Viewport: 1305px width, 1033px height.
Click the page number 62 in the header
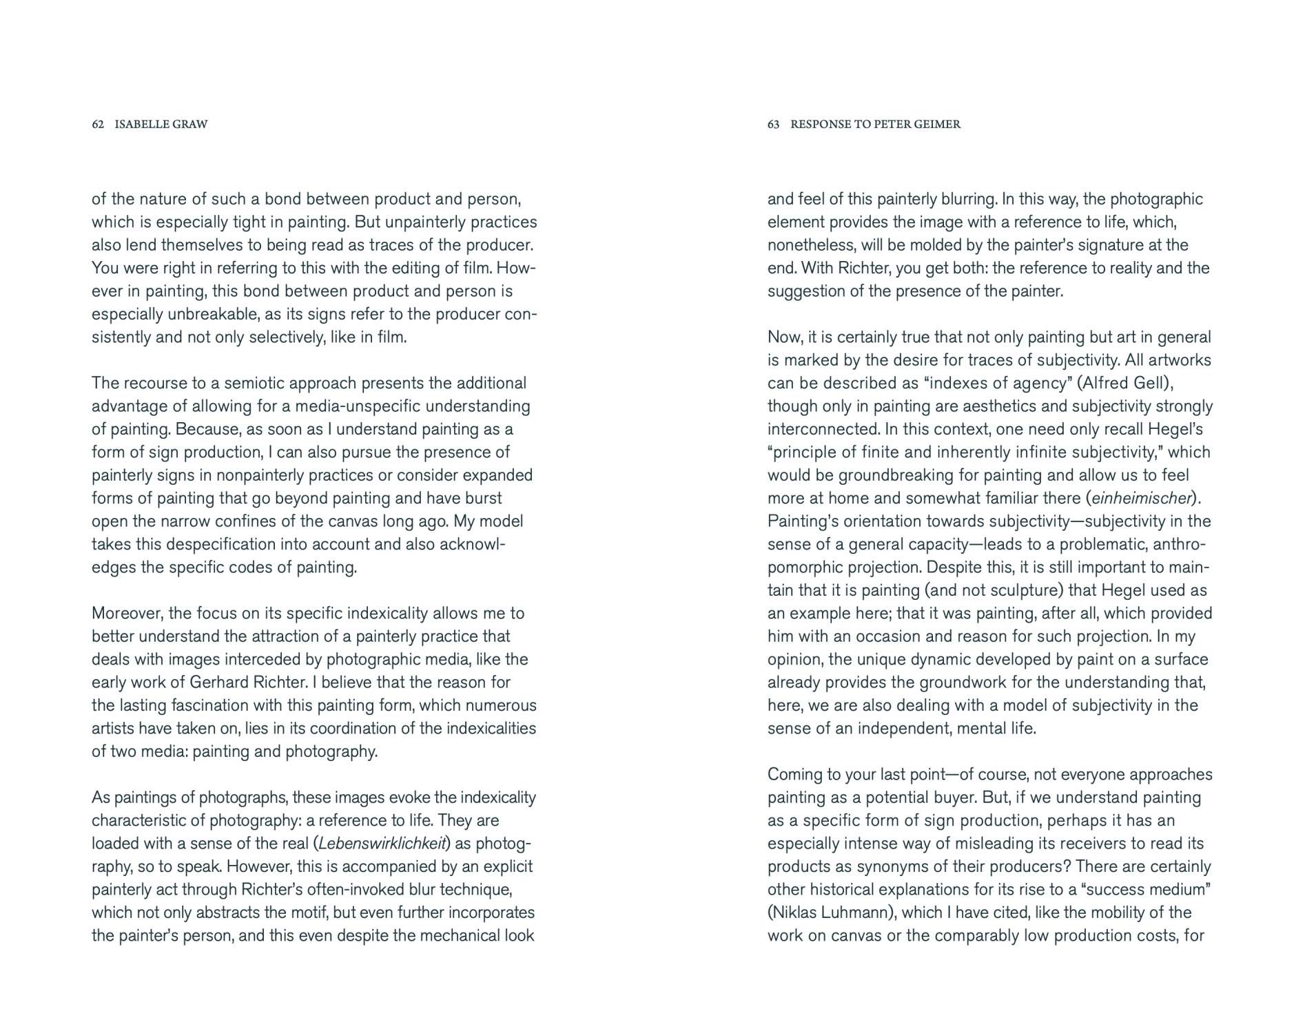(98, 125)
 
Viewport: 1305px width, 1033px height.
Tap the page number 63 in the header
(773, 125)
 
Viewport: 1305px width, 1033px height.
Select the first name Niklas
(794, 913)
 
